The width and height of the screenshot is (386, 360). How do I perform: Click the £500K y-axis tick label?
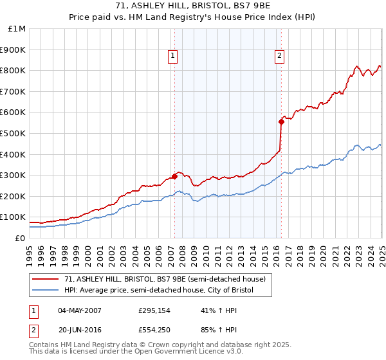tap(13, 133)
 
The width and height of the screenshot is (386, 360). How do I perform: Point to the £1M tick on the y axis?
tap(17, 28)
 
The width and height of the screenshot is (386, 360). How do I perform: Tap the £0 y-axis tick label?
tap(20, 238)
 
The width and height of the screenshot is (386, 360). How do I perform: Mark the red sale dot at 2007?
tap(174, 176)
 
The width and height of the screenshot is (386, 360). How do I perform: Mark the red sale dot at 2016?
tap(281, 122)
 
